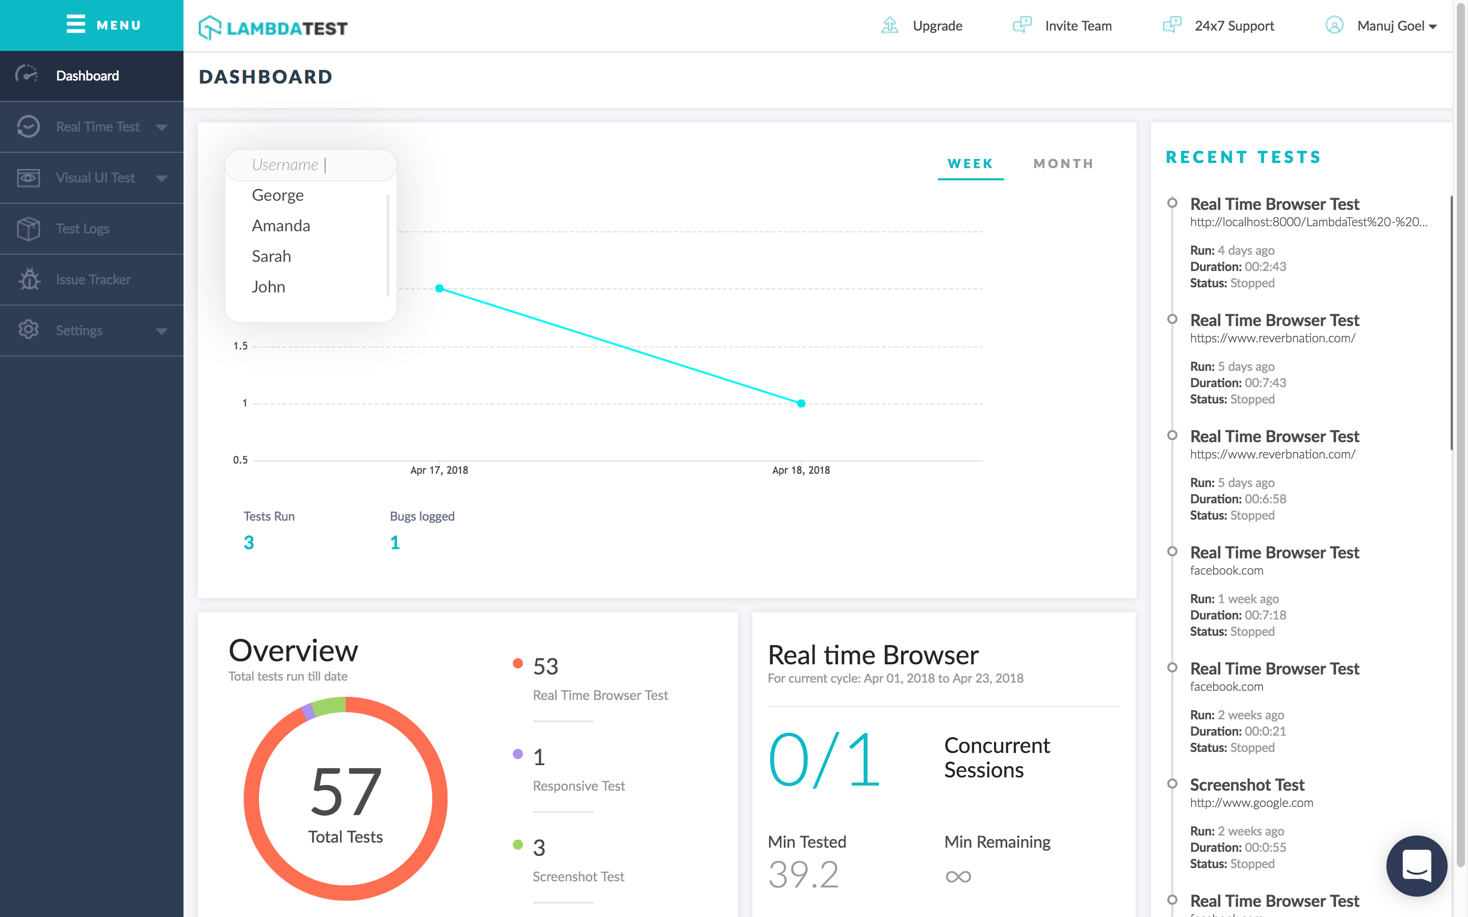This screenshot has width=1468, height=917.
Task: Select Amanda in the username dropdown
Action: (x=281, y=226)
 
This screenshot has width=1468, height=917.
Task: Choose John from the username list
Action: (x=268, y=287)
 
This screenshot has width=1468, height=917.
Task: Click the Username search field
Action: (x=310, y=165)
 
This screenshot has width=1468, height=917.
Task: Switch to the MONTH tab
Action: (x=1063, y=164)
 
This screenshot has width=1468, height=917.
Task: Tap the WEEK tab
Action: (x=970, y=164)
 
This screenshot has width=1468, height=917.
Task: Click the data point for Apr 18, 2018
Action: (x=801, y=403)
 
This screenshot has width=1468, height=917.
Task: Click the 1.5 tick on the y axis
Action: (x=240, y=346)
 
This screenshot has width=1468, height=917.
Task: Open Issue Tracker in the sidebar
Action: (x=93, y=280)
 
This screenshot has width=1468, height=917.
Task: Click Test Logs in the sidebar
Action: (x=83, y=229)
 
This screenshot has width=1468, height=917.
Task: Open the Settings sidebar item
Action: (x=79, y=331)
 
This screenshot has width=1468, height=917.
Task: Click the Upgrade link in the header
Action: (x=936, y=25)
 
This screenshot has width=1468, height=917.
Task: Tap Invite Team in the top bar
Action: (x=1078, y=25)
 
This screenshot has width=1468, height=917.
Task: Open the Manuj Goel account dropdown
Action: (x=1396, y=25)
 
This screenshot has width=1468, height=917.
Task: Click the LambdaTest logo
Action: (x=273, y=28)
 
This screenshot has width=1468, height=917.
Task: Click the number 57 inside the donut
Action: (x=345, y=792)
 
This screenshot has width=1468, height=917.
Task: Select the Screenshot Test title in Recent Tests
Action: (x=1247, y=785)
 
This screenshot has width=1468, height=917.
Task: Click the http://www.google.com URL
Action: (x=1251, y=803)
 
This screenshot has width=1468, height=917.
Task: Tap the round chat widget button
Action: (x=1416, y=866)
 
